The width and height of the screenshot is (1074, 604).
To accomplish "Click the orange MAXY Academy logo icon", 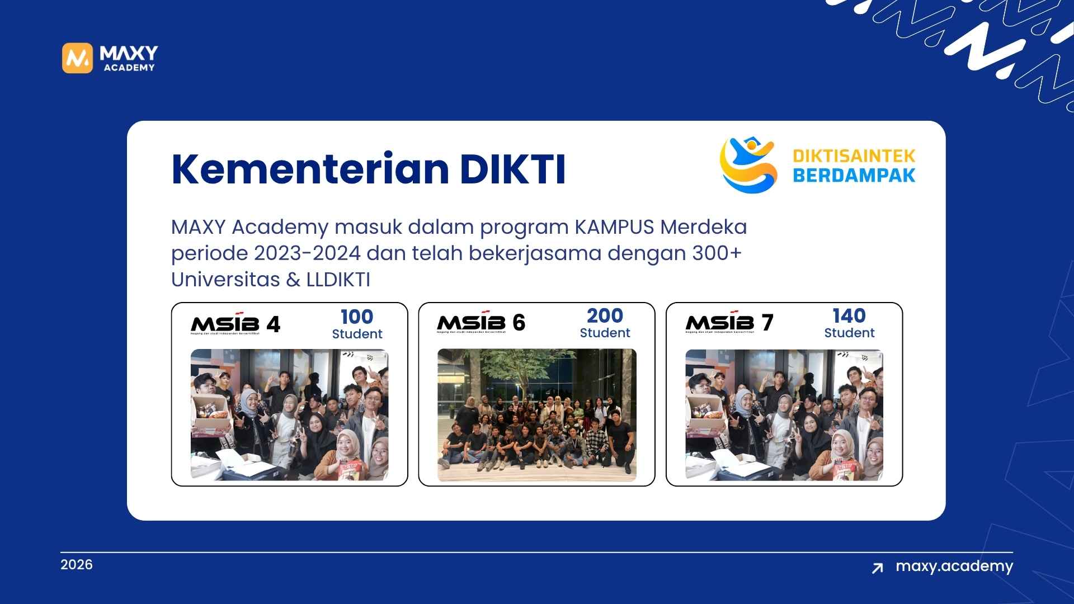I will tap(77, 58).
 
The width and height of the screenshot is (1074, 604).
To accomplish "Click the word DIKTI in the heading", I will tap(512, 169).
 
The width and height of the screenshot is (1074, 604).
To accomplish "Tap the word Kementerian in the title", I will tap(310, 169).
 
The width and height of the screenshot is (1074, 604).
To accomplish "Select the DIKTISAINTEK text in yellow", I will tap(854, 155).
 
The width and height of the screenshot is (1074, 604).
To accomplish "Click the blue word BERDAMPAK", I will tap(854, 176).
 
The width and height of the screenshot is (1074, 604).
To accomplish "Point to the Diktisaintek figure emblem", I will tap(748, 164).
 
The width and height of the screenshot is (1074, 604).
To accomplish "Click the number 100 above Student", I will tap(357, 317).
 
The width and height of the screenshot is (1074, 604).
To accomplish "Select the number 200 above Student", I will tap(605, 315).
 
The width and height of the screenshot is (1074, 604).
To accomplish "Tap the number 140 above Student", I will tap(849, 315).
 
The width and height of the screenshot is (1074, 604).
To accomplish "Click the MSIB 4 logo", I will tap(235, 324).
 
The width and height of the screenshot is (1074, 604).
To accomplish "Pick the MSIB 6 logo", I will tap(481, 323).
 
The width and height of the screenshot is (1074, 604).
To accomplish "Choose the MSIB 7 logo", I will tap(729, 323).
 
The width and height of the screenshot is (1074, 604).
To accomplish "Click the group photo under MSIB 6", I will tap(536, 415).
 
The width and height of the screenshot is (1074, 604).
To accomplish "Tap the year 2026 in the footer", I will tap(77, 564).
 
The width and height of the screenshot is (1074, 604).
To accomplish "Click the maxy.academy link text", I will tap(954, 566).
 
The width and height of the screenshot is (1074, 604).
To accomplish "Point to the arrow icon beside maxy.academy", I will tap(877, 568).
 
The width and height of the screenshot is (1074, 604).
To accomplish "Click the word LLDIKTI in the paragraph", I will tap(338, 280).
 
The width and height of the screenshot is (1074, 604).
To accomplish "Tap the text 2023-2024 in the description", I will tap(307, 253).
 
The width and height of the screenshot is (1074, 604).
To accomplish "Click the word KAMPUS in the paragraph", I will tap(614, 227).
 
